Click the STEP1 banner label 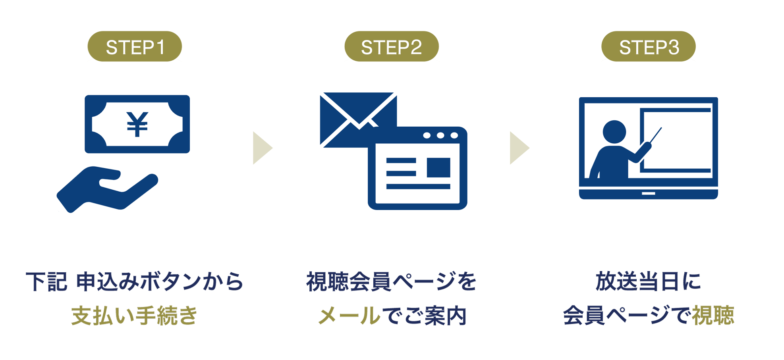[135, 47]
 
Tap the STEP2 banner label [391, 47]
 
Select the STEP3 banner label [649, 47]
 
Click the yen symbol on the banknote [137, 124]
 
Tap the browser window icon [417, 169]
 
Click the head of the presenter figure [614, 132]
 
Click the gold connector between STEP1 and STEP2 [263, 148]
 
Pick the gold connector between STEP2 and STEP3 [520, 148]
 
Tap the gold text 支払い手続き [134, 316]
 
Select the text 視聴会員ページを [391, 282]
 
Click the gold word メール [349, 316]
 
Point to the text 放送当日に [648, 282]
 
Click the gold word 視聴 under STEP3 [713, 316]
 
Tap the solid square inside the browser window [438, 167]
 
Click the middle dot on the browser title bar [440, 136]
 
